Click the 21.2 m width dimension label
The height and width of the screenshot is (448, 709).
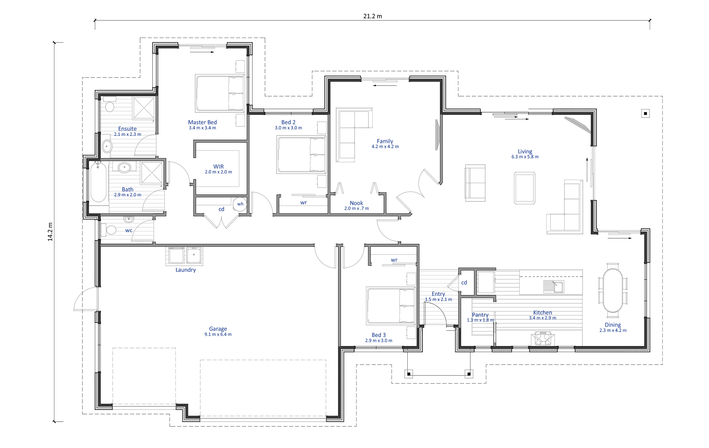point(373,16)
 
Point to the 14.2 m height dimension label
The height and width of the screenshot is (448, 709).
point(50,232)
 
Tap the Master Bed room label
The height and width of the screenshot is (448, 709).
point(202,122)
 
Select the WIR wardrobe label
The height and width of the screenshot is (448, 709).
point(219,167)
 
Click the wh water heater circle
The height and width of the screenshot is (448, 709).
point(240,204)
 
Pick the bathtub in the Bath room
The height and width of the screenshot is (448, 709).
point(98,183)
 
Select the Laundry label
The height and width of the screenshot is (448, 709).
point(186,270)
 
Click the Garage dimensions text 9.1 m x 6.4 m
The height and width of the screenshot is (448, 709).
point(218,334)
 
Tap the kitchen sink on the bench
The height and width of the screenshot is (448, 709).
point(554,286)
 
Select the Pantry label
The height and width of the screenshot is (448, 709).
point(480,315)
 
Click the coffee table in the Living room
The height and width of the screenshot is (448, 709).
point(525,188)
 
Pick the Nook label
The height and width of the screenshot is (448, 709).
point(356,203)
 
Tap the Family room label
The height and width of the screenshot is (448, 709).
point(385,141)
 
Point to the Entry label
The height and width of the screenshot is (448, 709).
point(438,294)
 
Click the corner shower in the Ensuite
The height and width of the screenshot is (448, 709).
point(144,108)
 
